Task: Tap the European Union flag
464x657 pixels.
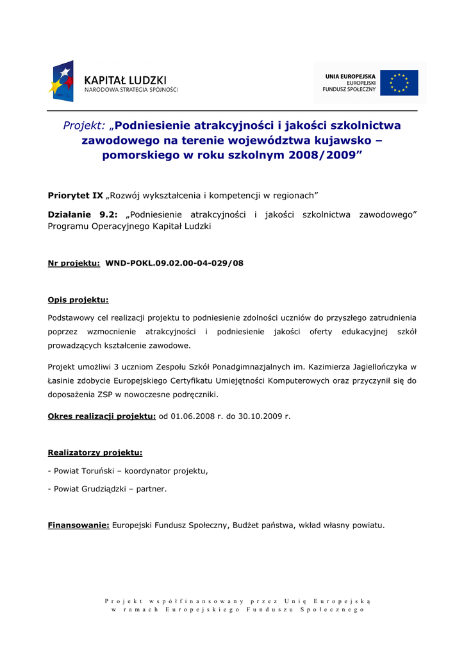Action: click(x=399, y=83)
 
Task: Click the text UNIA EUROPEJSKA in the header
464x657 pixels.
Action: click(x=350, y=76)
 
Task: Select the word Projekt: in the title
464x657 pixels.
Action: click(x=84, y=126)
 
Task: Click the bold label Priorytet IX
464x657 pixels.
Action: click(x=76, y=195)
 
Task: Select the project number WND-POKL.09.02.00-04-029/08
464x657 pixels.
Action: click(x=174, y=263)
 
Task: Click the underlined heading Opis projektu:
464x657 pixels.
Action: click(x=78, y=300)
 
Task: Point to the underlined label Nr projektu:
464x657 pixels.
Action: click(x=74, y=263)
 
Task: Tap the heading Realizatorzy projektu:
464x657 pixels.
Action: click(x=95, y=453)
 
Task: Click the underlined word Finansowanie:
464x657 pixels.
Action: click(x=78, y=525)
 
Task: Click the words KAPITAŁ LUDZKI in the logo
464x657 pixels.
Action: click(x=125, y=80)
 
